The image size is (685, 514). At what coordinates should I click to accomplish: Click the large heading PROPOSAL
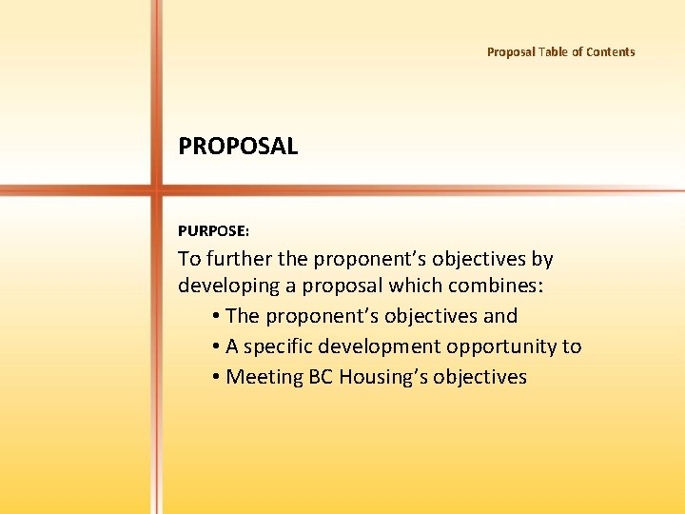[238, 147]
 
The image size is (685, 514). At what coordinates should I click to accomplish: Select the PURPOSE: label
[213, 230]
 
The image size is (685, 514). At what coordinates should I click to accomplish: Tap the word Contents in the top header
[610, 52]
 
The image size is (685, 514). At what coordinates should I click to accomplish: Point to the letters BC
[320, 377]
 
